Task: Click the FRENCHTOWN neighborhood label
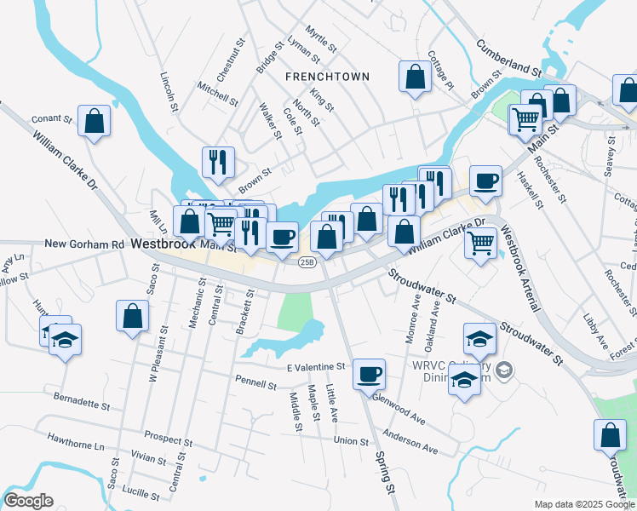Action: pyautogui.click(x=328, y=77)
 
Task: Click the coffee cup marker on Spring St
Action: pyautogui.click(x=369, y=374)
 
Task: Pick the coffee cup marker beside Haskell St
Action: pyautogui.click(x=485, y=181)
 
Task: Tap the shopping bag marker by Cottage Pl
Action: pyautogui.click(x=415, y=77)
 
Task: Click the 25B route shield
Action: pyautogui.click(x=307, y=261)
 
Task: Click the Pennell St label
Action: pyautogui.click(x=260, y=386)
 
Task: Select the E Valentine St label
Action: pyautogui.click(x=316, y=367)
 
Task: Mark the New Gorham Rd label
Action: pyautogui.click(x=84, y=244)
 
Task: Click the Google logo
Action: pyautogui.click(x=27, y=501)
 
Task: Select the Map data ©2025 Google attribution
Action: pyautogui.click(x=583, y=504)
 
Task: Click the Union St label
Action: pyautogui.click(x=351, y=441)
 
